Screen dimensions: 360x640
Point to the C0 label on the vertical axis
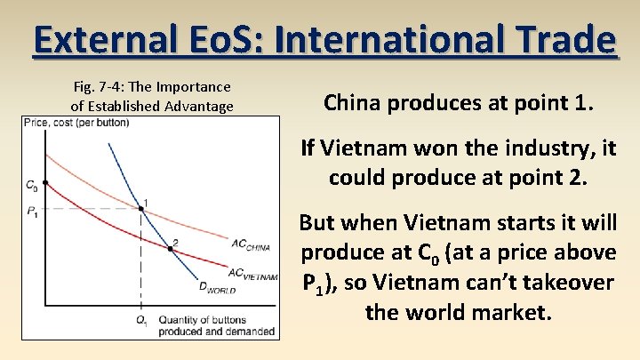31,186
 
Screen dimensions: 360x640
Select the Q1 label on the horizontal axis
141,319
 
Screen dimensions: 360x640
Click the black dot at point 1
141,209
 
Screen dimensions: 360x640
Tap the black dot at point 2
171,248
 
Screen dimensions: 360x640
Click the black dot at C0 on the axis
45,183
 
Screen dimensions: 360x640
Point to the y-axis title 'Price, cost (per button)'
76,122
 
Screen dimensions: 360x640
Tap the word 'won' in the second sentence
428,148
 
